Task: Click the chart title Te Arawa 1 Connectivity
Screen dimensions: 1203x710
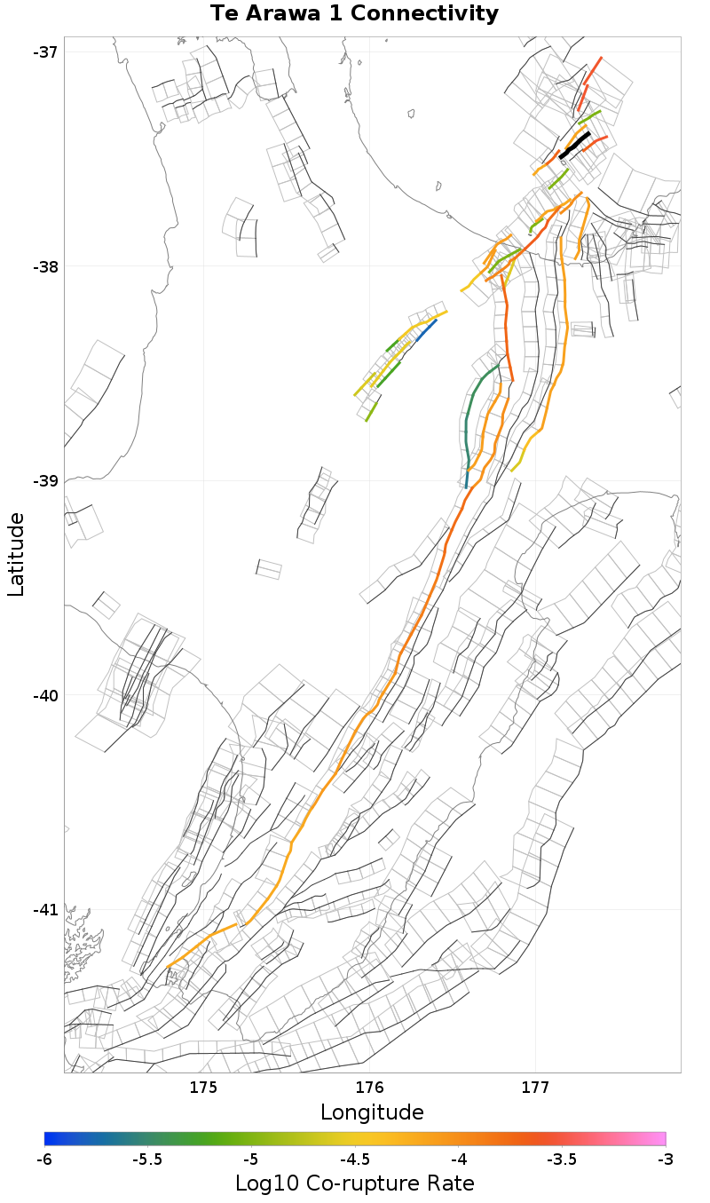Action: [x=354, y=14]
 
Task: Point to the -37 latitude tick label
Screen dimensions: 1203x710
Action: [x=45, y=51]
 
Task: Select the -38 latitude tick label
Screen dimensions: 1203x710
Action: [x=45, y=266]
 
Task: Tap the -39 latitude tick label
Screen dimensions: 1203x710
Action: [x=45, y=480]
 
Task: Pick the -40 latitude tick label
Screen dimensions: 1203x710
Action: [x=45, y=695]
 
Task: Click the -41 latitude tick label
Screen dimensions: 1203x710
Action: [x=45, y=910]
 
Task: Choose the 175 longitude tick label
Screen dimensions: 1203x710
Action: [x=203, y=1088]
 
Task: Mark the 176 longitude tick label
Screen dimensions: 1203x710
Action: [x=369, y=1088]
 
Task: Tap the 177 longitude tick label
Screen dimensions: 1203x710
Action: [x=535, y=1088]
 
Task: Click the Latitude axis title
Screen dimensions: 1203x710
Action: [x=16, y=554]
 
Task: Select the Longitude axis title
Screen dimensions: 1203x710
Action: [x=372, y=1112]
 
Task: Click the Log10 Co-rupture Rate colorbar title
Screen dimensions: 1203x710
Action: [x=354, y=1183]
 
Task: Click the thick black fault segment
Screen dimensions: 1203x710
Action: [x=575, y=146]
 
